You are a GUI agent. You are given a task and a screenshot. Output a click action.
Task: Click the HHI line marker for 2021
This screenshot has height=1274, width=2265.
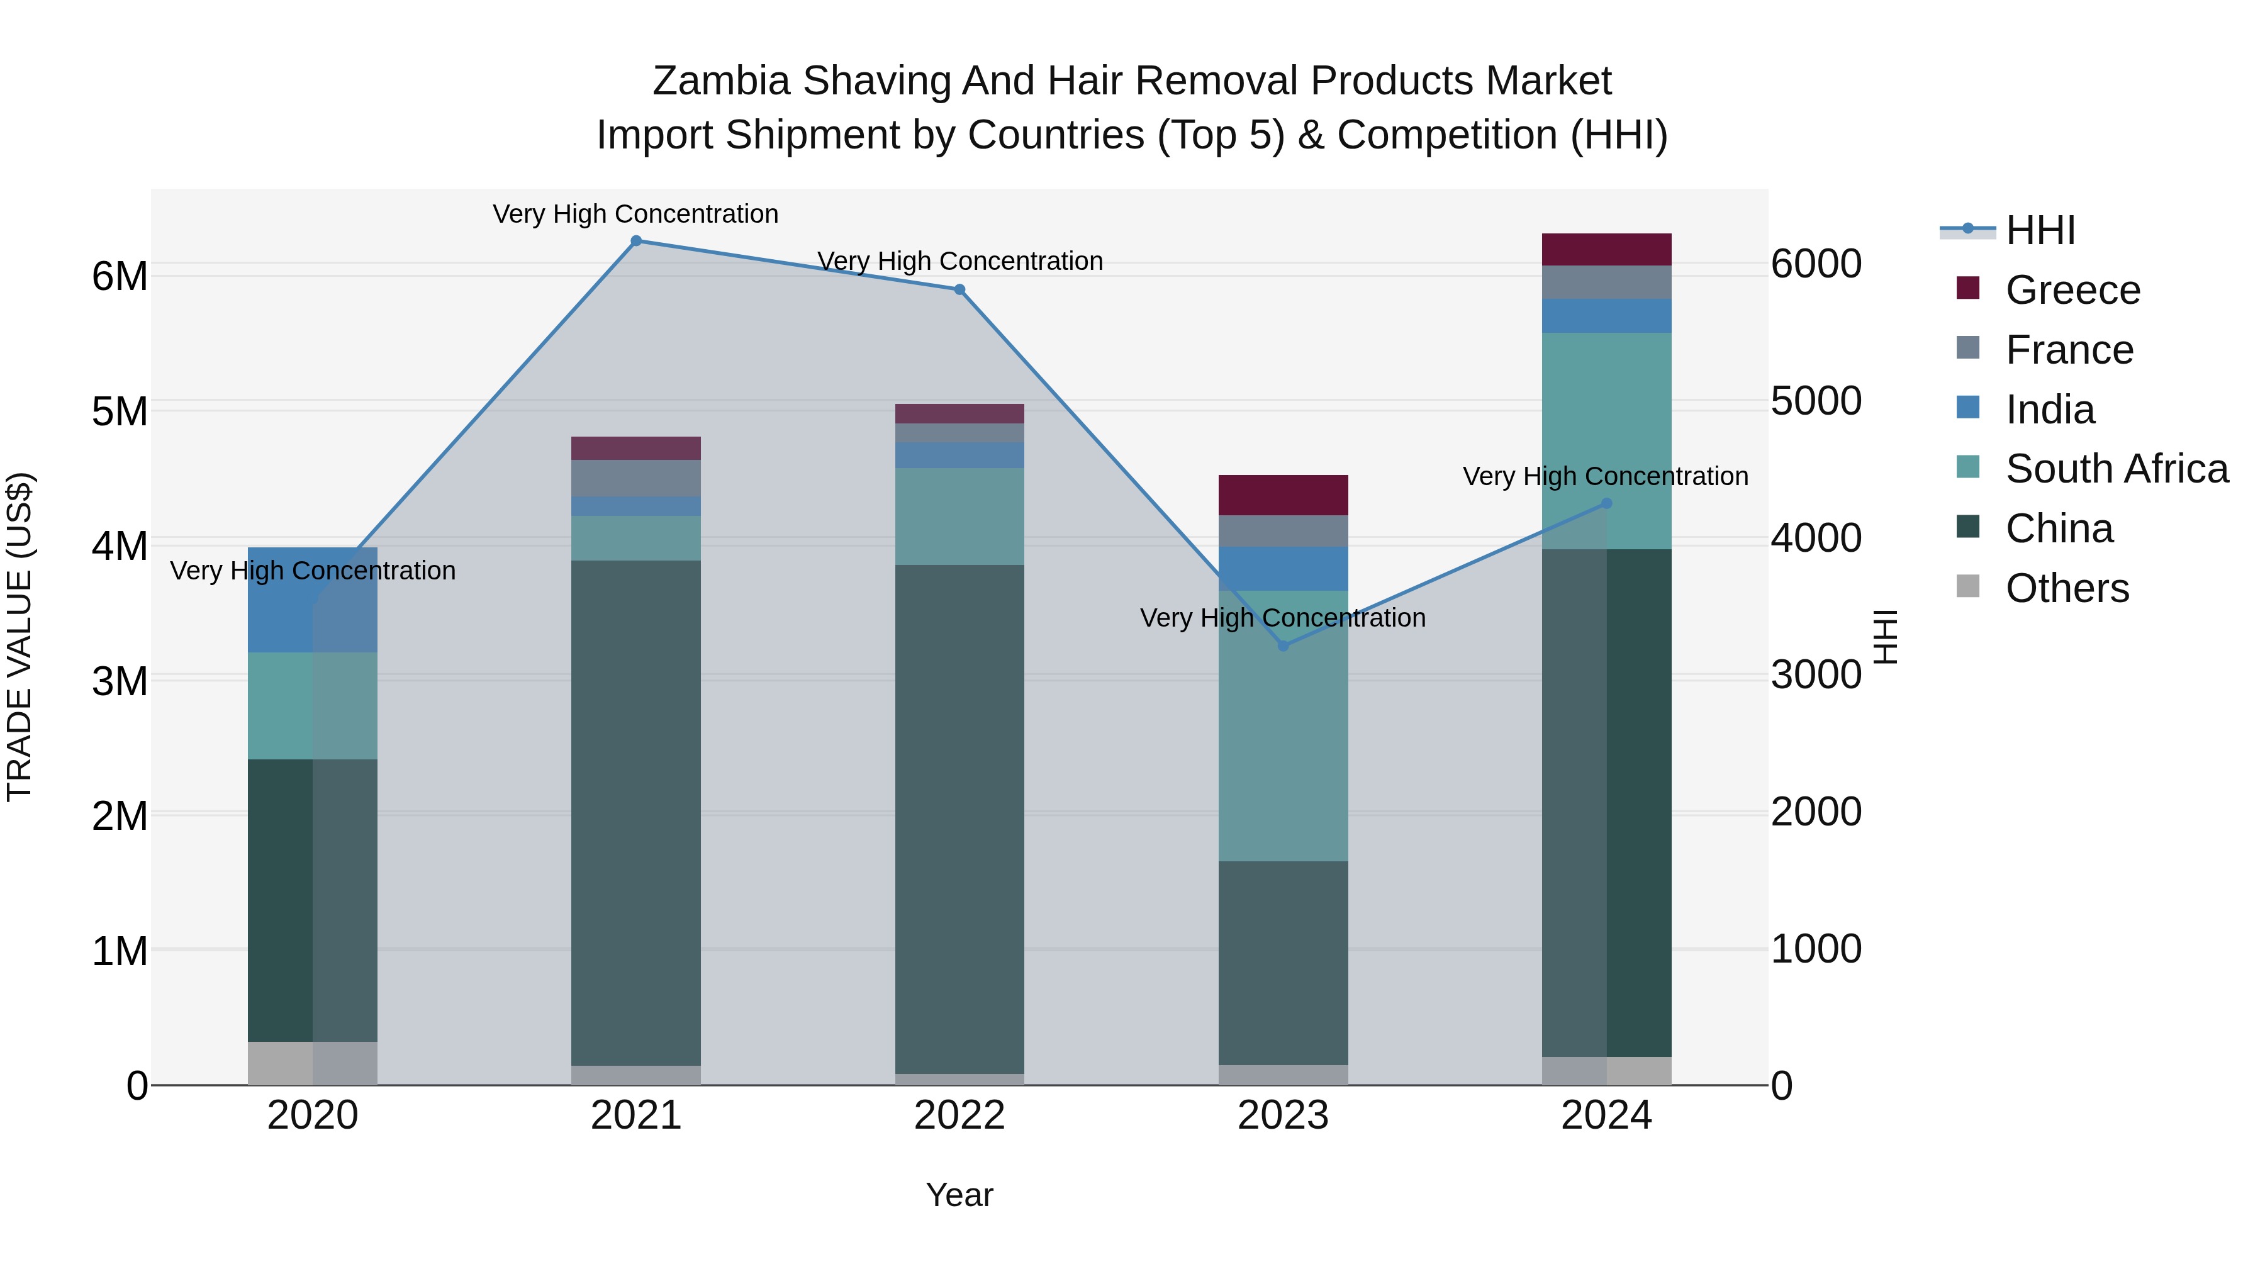(x=635, y=240)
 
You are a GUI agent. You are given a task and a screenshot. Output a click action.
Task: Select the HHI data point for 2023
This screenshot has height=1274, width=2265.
(x=1283, y=645)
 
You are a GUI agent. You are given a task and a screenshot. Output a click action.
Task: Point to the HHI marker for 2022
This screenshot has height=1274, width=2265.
(x=959, y=289)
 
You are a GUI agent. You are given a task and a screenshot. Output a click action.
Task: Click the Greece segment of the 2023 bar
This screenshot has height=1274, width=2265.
(x=1283, y=495)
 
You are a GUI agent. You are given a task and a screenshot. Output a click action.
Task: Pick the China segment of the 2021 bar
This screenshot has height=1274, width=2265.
(x=635, y=813)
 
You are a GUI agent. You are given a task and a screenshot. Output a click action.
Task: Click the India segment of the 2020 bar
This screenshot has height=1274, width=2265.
(x=312, y=600)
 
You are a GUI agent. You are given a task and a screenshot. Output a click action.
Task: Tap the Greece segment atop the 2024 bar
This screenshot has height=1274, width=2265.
(x=1606, y=250)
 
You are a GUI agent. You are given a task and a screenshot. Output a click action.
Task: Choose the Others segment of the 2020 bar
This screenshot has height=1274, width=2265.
(x=312, y=1063)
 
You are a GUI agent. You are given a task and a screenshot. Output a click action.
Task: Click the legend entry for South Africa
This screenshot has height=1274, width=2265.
(x=2117, y=469)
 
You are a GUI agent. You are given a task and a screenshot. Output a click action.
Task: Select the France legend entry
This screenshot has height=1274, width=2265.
(x=2069, y=350)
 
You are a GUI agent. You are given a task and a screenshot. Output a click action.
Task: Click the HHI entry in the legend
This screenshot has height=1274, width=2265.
(x=2040, y=230)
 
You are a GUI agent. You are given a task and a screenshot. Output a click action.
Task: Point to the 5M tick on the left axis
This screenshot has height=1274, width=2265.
(x=120, y=411)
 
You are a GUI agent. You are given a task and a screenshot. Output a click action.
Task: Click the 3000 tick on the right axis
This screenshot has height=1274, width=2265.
(x=1816, y=675)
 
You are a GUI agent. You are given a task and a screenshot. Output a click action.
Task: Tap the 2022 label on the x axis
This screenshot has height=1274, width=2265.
(x=959, y=1115)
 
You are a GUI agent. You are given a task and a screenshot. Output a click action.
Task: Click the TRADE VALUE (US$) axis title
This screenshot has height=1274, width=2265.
(x=20, y=637)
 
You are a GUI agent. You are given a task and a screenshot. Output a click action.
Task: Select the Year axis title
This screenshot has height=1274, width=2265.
(x=959, y=1195)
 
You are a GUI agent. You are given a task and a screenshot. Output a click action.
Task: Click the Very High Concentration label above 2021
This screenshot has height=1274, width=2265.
(x=635, y=214)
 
